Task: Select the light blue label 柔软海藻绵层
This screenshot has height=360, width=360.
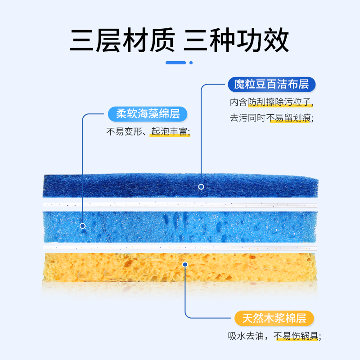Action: pos(148,114)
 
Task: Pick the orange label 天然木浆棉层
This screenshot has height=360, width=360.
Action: pos(274,319)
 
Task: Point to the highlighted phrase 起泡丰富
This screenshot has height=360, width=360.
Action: pos(170,132)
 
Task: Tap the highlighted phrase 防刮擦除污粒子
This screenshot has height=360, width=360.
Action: pos(280,102)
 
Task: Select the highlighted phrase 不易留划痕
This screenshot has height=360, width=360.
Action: pos(290,119)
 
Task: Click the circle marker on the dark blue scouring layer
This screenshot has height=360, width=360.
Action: pos(201,186)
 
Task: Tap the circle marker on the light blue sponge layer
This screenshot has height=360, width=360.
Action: pos(82,226)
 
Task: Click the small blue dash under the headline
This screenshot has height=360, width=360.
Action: pos(175,63)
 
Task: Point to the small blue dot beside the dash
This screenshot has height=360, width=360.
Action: pos(191,63)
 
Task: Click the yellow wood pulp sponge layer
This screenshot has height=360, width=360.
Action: pos(135,270)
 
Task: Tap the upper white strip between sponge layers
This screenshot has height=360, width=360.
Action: pos(180,204)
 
